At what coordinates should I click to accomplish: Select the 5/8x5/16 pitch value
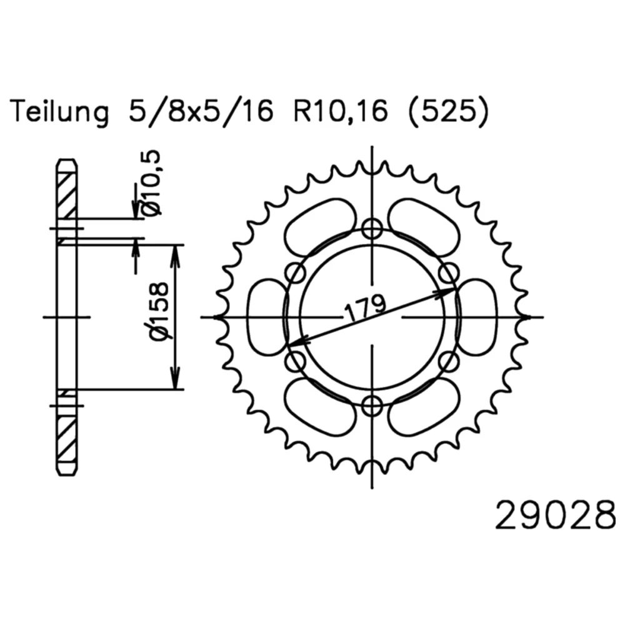pos(201,112)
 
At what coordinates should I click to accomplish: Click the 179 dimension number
pos(365,307)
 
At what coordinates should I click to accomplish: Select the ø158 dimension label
pos(159,311)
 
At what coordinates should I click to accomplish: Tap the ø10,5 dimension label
pos(152,183)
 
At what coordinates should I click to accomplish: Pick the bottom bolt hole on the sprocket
pos(372,407)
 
